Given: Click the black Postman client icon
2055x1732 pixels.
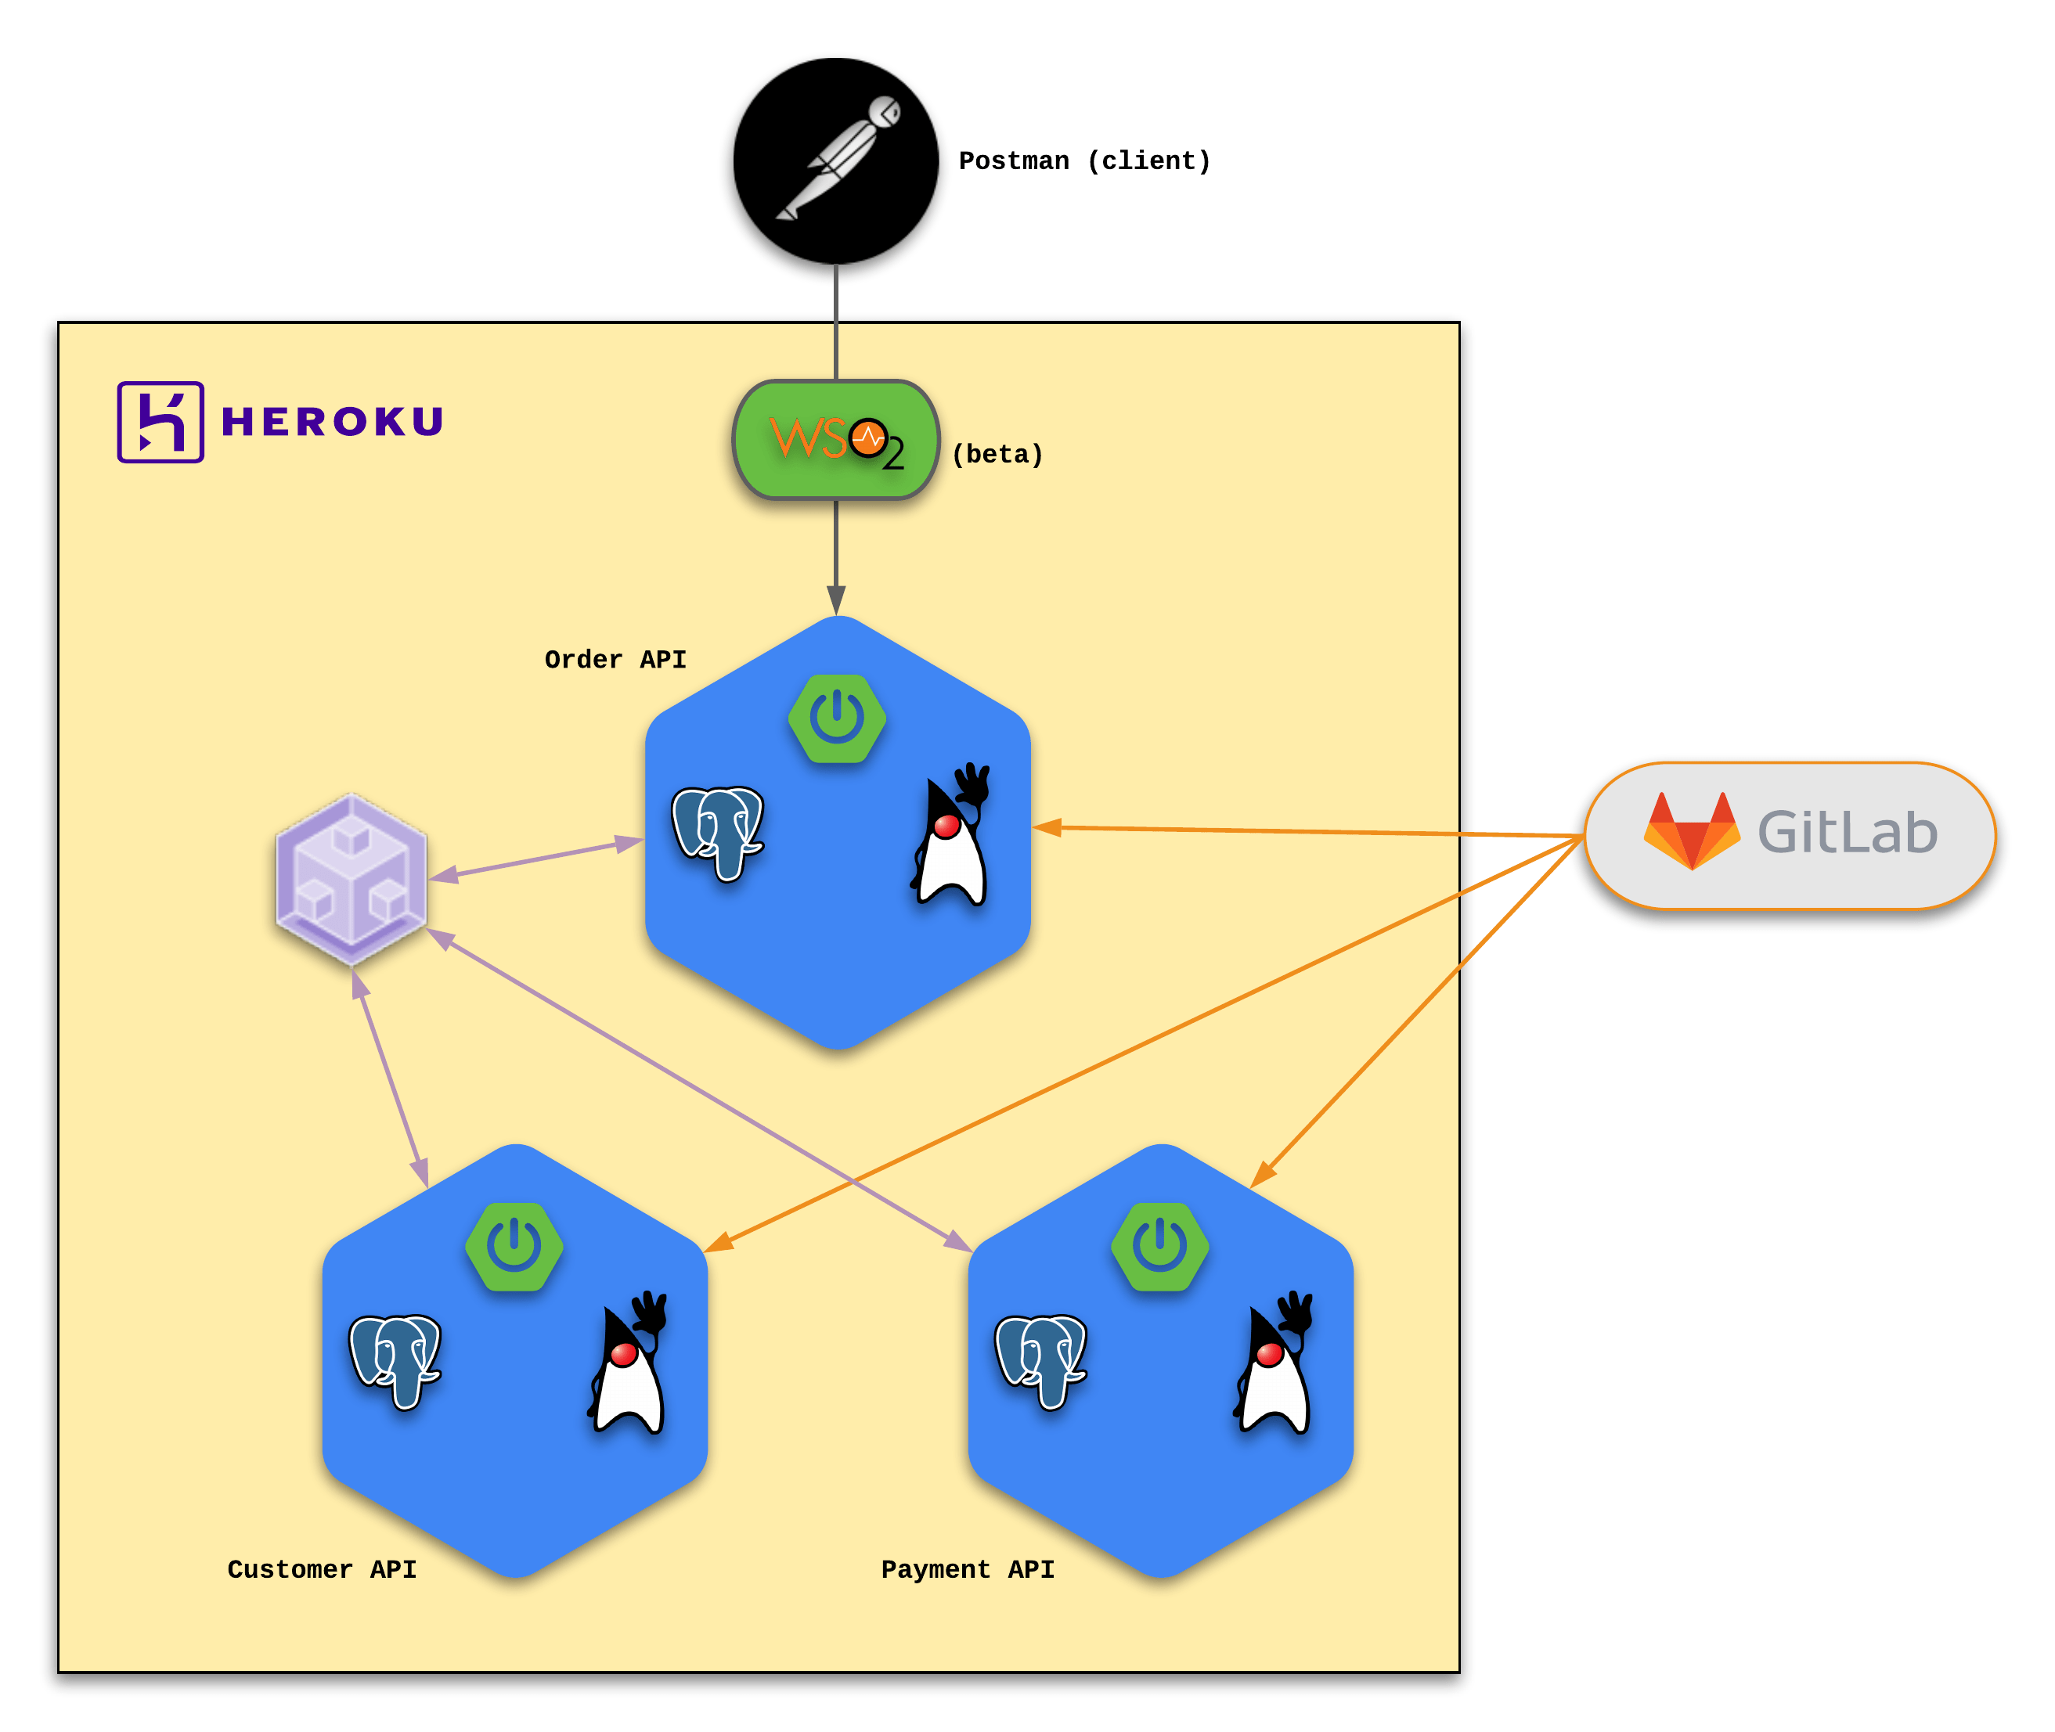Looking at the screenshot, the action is coord(835,161).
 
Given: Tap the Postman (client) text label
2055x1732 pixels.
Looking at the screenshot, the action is coord(1084,161).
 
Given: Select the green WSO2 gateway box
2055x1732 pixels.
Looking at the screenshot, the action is coord(835,440).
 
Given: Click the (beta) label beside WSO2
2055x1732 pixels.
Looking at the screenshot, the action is coord(997,455).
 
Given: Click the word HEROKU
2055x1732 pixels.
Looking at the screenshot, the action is coord(333,422).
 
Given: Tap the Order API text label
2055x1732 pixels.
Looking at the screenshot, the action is coord(615,660).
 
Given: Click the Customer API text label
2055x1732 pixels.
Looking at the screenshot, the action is coord(322,1570).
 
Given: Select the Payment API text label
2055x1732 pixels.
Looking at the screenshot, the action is coord(968,1570).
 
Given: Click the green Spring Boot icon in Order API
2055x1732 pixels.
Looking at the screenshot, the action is coord(838,718).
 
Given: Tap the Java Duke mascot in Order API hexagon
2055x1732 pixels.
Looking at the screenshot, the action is coord(950,834).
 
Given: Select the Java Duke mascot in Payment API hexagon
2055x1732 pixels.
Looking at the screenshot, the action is coord(1274,1363).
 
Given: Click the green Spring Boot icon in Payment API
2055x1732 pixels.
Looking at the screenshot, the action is coord(1160,1247).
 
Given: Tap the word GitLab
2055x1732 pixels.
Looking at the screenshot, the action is coord(1847,833).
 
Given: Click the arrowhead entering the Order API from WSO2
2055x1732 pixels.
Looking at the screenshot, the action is coord(835,601).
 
